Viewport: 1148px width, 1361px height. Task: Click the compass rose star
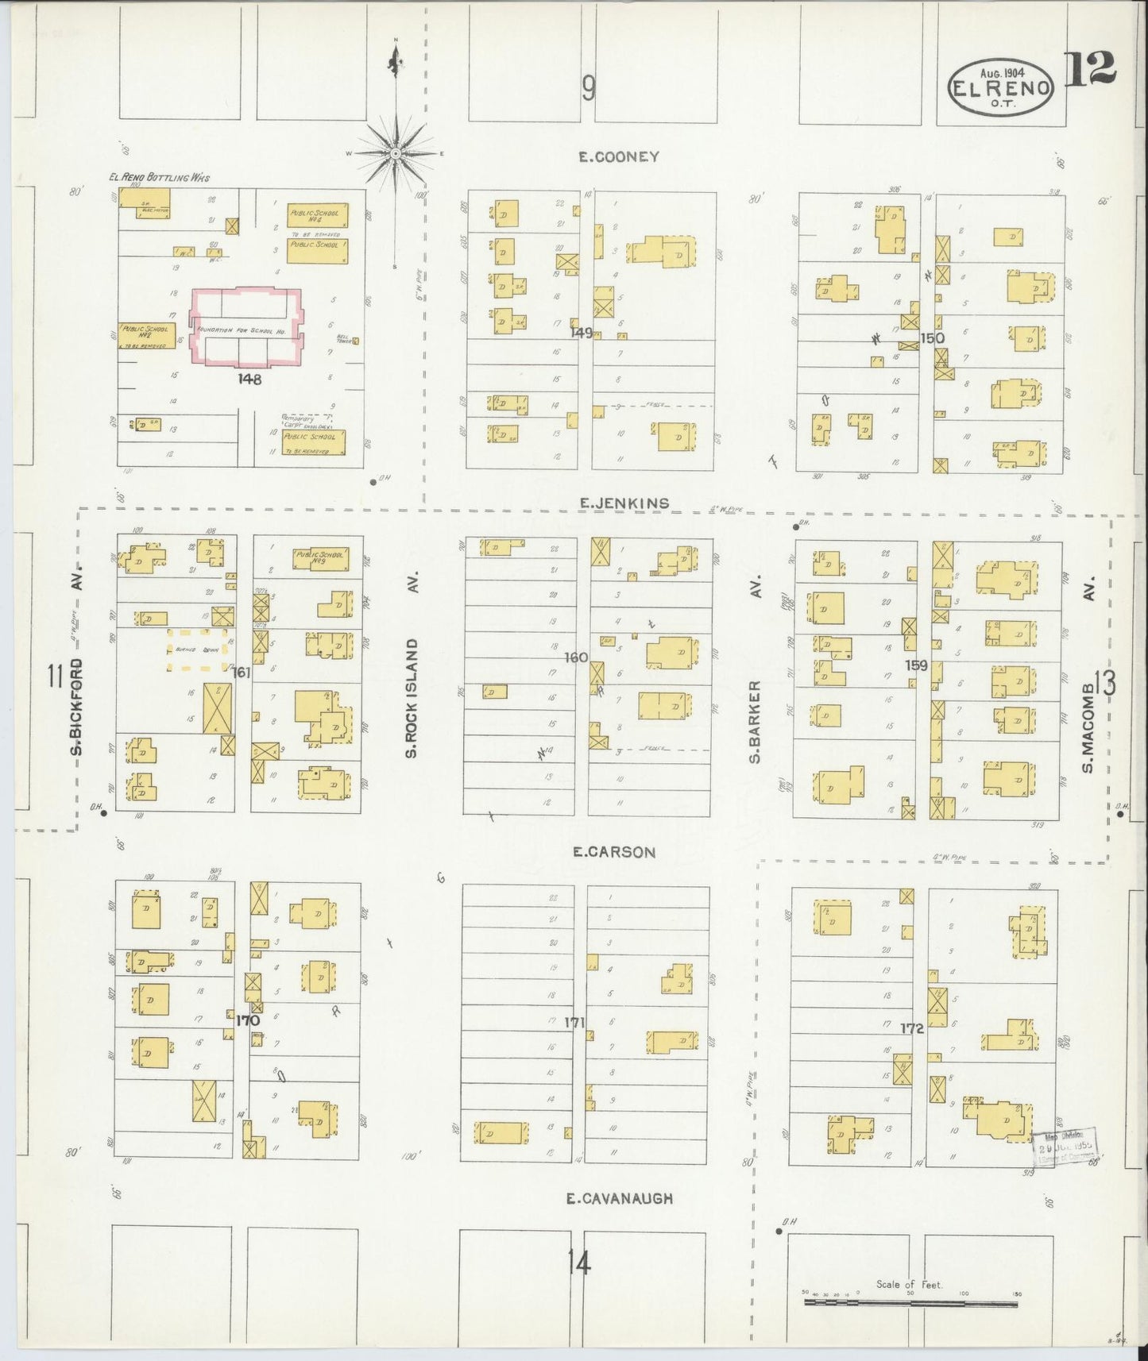click(396, 152)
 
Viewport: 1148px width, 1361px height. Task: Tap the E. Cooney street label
click(619, 156)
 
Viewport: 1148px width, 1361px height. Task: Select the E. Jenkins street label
click(624, 503)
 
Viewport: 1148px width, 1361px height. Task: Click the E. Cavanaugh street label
click(620, 1198)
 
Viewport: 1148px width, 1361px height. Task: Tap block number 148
click(249, 379)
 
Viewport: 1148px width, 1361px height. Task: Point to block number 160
click(576, 657)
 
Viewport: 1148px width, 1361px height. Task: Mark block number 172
click(912, 1028)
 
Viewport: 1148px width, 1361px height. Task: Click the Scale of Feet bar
click(911, 1301)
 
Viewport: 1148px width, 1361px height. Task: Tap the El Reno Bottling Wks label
click(159, 178)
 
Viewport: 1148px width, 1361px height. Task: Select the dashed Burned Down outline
click(197, 650)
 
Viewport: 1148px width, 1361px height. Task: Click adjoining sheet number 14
click(580, 1263)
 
